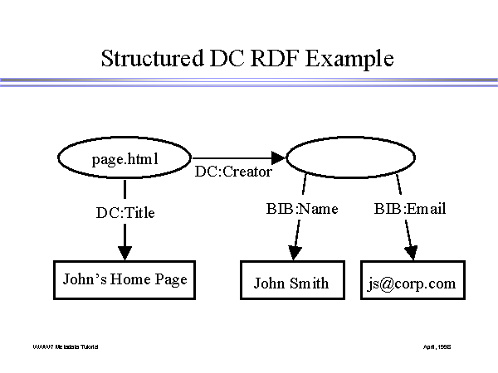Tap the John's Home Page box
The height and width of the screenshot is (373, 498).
pos(124,279)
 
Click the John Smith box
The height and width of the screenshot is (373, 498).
pos(290,283)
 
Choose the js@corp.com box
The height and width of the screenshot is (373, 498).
pos(413,283)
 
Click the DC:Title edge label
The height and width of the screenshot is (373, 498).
pos(125,213)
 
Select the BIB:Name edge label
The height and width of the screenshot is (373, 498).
pos(296,209)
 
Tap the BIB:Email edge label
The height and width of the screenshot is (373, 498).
pos(410,209)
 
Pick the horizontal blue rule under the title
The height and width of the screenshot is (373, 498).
pos(249,82)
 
